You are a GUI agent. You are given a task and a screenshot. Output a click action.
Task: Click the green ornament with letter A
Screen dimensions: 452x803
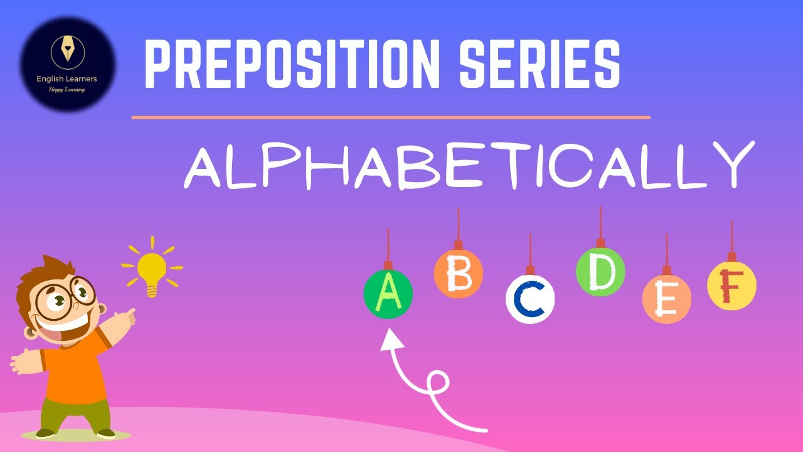pos(388,293)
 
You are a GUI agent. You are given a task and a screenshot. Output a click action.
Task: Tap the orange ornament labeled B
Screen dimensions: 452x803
pos(459,274)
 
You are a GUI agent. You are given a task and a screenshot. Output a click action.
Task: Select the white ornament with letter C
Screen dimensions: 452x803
pos(530,299)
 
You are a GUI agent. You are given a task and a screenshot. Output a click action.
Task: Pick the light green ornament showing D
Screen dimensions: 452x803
pos(600,272)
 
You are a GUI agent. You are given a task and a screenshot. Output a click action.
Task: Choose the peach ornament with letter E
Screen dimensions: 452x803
pos(666,299)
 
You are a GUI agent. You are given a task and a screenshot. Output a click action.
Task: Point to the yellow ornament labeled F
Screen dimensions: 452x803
pos(731,286)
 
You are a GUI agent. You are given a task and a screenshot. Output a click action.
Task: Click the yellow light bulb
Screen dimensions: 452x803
pos(152,269)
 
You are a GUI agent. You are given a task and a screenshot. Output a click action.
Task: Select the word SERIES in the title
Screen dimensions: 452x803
pos(539,63)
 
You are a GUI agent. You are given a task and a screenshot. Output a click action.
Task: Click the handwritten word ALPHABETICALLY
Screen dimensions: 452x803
pos(467,164)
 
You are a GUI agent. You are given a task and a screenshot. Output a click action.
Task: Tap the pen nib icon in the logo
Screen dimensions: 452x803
pos(66,50)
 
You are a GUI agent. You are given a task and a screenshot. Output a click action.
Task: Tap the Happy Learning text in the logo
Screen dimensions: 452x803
pos(66,89)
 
